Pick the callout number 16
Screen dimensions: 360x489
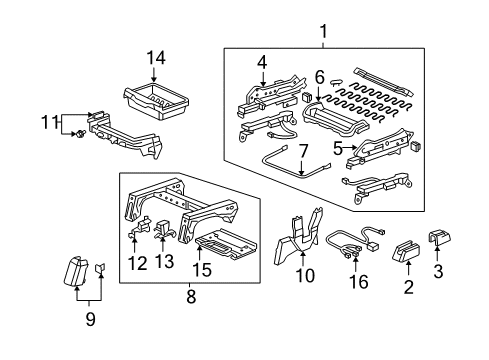[x=356, y=283]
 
